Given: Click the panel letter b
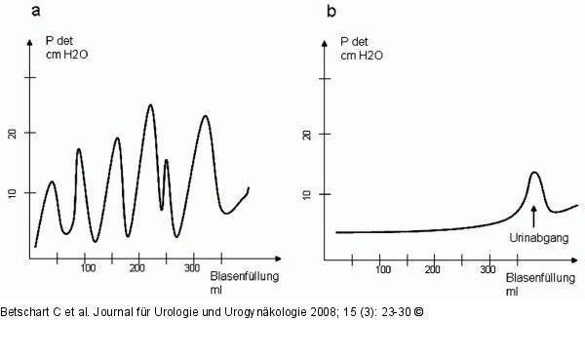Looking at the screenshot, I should click(331, 11).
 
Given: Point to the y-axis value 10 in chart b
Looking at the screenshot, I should click(333, 193).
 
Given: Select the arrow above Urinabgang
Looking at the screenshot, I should click(534, 215).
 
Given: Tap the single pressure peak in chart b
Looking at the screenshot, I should click(534, 174).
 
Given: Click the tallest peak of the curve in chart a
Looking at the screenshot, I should click(150, 105).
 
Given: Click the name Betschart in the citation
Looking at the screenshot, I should click(24, 311).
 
